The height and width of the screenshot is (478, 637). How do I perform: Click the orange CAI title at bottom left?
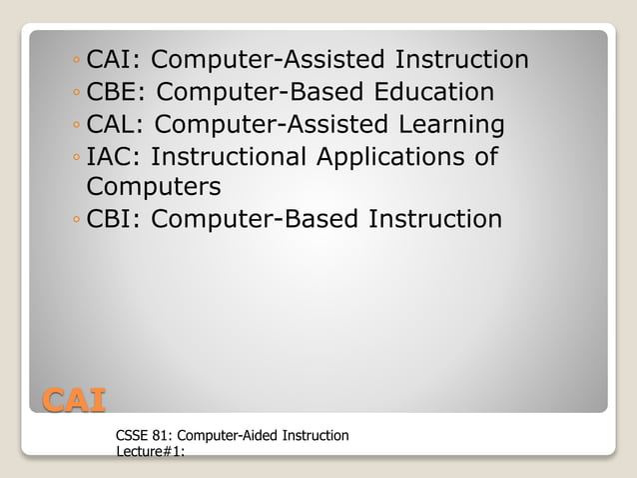[73, 400]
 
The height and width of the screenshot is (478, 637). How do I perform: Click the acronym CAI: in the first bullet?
[115, 60]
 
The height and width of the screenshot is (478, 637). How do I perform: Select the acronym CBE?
[118, 93]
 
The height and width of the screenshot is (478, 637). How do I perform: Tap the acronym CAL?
[117, 125]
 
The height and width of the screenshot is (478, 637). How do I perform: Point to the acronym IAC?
[114, 158]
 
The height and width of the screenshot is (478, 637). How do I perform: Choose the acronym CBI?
[115, 218]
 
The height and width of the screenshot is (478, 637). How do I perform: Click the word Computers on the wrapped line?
[154, 187]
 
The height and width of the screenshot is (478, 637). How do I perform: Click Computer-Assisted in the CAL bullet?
[264, 125]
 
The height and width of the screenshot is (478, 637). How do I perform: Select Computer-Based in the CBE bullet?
[261, 93]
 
